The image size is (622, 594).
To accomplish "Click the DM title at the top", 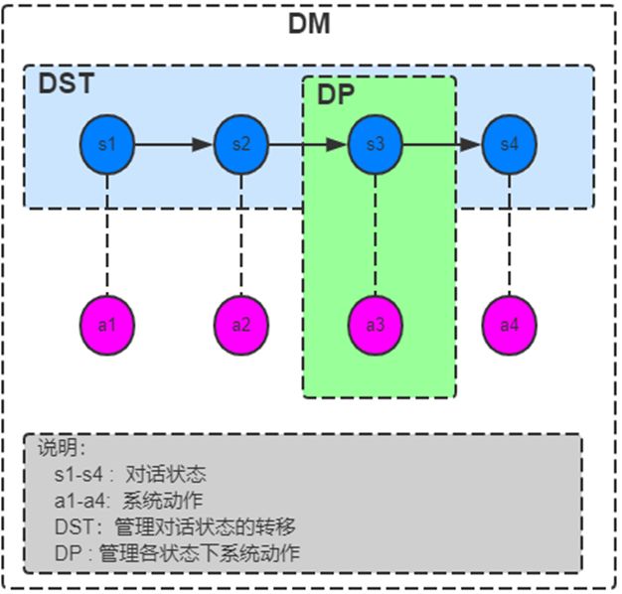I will point(309,24).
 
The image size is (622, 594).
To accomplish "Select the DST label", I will point(66,84).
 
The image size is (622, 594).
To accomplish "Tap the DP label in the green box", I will point(336,95).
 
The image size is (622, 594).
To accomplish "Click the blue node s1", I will point(107,145).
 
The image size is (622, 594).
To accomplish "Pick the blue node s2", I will point(241,145).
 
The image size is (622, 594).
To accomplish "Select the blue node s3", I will point(375,145).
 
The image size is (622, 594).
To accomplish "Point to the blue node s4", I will point(509,145).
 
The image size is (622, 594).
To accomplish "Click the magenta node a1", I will point(107,324).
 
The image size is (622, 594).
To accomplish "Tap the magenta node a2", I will point(241,324).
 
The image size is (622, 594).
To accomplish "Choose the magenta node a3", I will point(375,324).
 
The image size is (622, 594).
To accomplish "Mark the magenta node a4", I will point(509,324).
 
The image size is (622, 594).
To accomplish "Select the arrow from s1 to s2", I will point(174,145).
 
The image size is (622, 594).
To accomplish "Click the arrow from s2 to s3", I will point(308,145).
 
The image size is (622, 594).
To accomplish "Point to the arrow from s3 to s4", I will point(442,145).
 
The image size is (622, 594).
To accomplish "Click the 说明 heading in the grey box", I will point(62,448).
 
